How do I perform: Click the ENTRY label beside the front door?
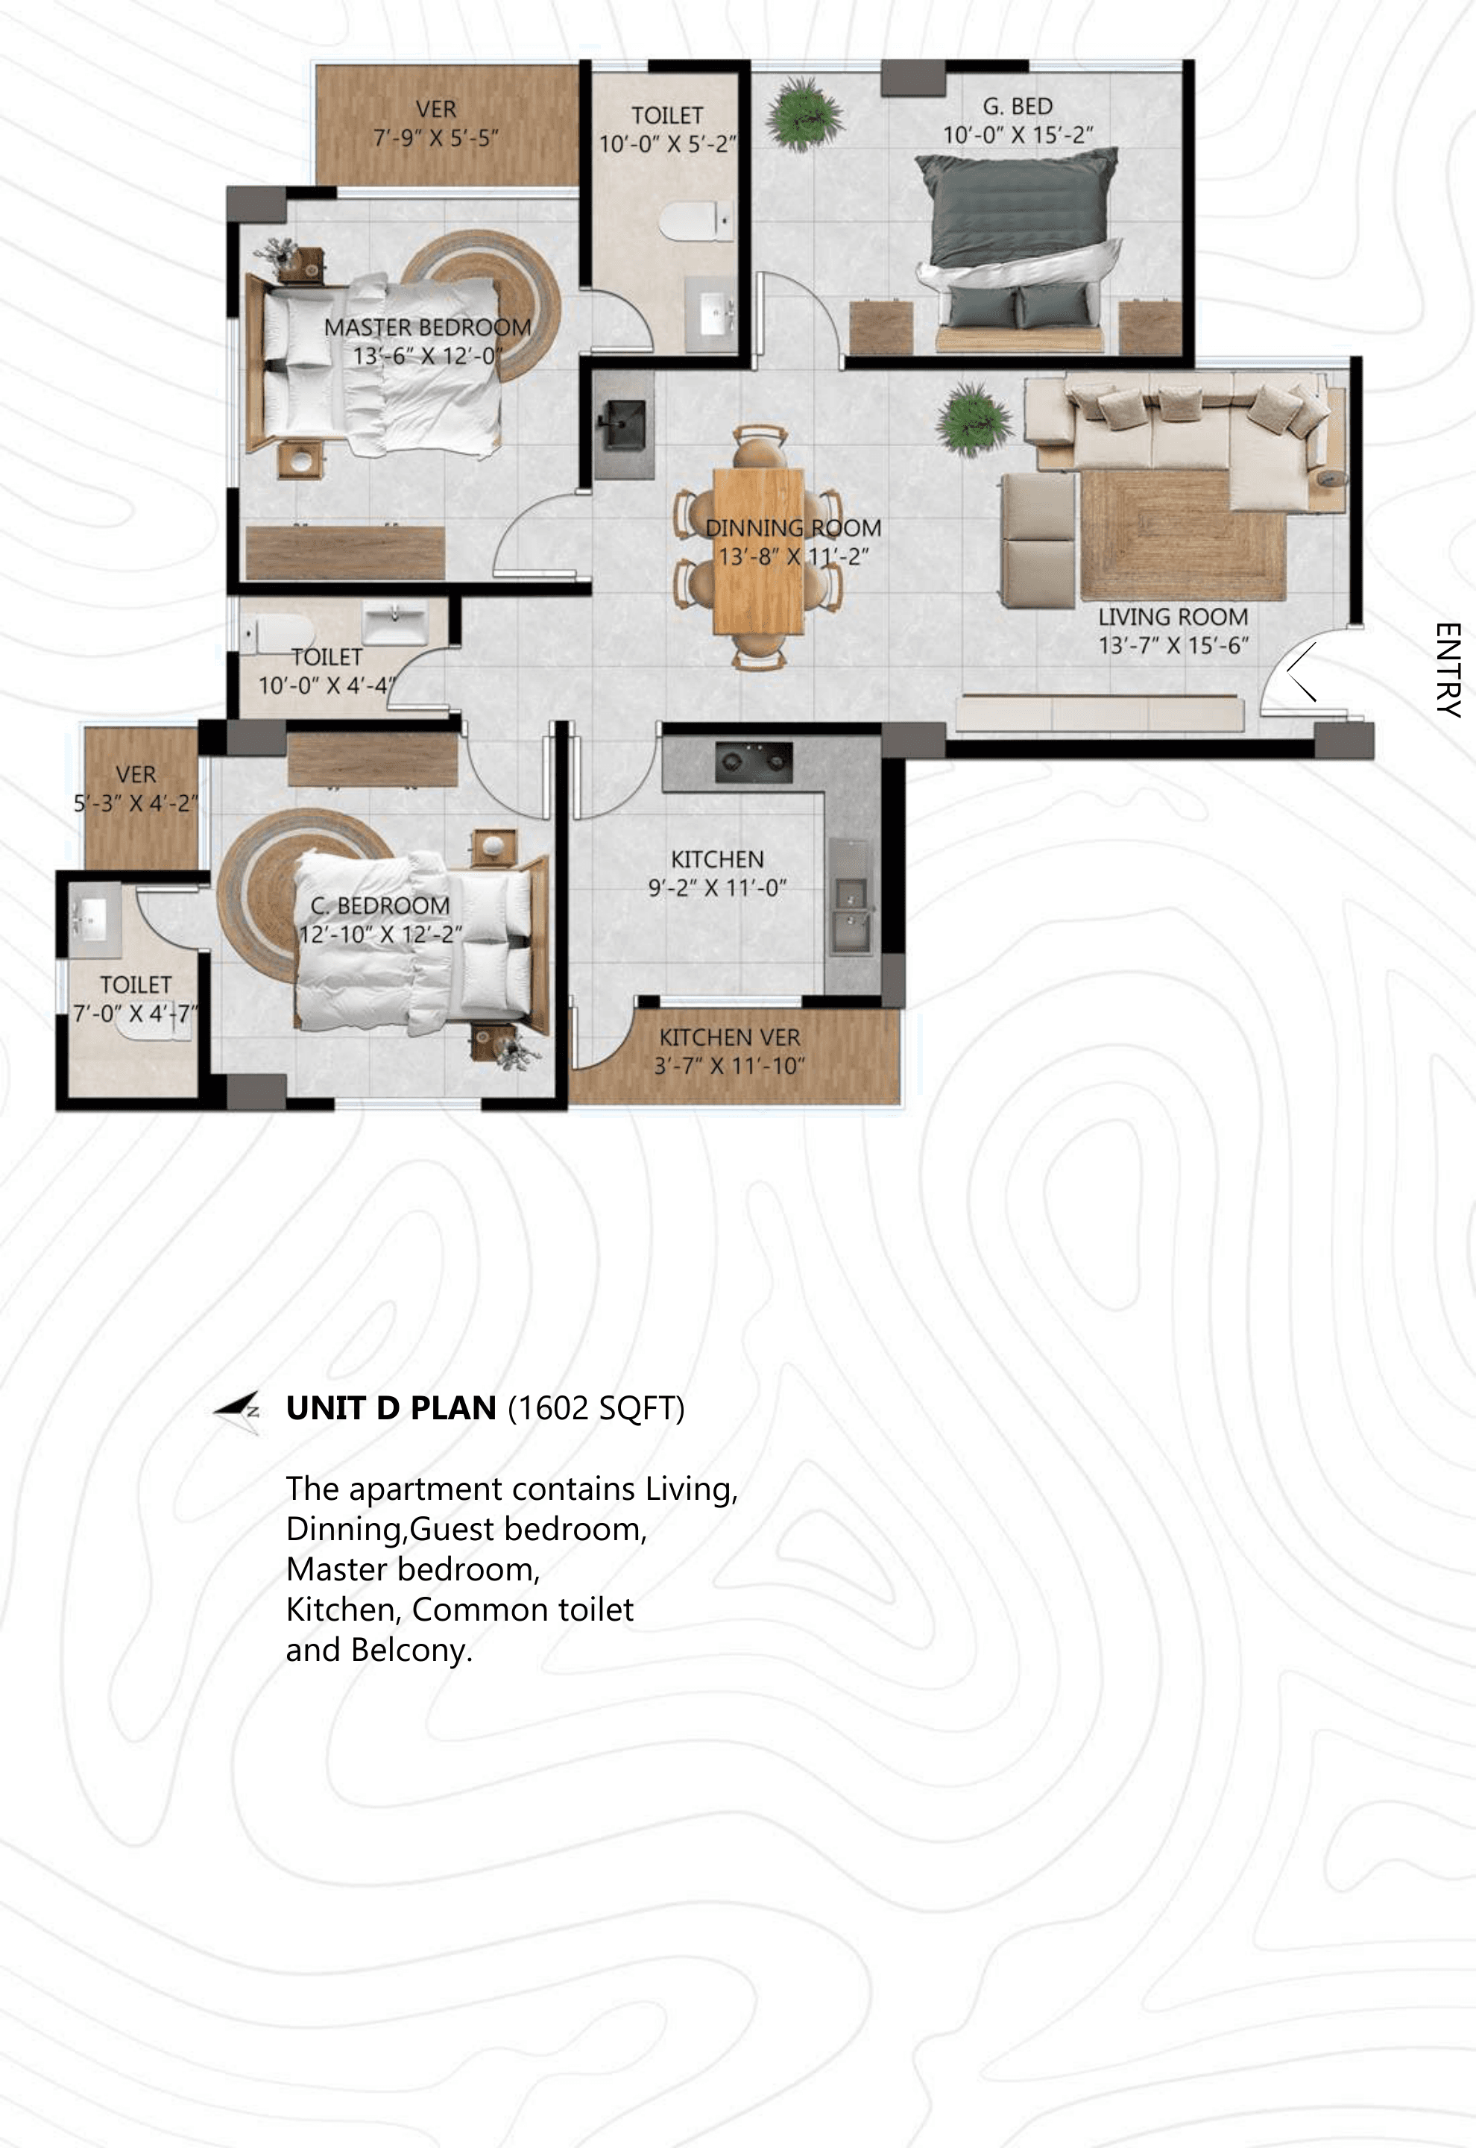point(1448,671)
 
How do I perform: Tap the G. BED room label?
point(1018,107)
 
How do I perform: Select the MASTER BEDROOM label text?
point(427,327)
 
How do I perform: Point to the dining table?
point(758,550)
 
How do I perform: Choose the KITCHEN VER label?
point(730,1038)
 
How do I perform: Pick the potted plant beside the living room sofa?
point(973,420)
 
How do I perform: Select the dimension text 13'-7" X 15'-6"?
point(1173,646)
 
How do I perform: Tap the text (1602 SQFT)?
point(596,1409)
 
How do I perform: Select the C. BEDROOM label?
point(380,905)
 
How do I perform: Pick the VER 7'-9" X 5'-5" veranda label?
point(435,123)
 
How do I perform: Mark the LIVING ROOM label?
point(1173,617)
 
